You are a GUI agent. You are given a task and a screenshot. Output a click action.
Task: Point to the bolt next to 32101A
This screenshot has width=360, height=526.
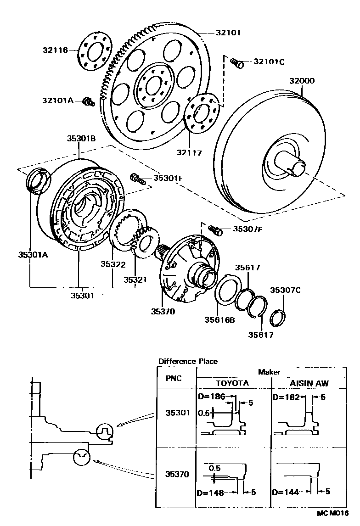[89, 101]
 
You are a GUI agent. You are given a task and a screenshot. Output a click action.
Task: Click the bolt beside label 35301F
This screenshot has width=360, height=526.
[138, 178]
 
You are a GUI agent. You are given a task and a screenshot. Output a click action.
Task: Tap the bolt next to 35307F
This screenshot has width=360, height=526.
[215, 229]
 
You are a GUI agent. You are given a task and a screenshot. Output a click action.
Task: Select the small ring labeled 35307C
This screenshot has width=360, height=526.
[280, 317]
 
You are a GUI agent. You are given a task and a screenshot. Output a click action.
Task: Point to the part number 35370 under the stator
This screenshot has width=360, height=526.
[163, 311]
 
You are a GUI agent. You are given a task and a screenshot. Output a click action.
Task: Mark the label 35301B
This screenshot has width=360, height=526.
[81, 138]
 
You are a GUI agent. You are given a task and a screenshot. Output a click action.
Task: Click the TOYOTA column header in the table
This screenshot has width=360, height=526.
[232, 383]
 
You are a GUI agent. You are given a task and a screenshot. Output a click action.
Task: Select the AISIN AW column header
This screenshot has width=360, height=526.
[309, 383]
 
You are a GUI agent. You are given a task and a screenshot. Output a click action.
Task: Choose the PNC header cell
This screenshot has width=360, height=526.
[174, 378]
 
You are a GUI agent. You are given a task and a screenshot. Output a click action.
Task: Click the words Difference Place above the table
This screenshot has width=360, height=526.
[188, 361]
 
